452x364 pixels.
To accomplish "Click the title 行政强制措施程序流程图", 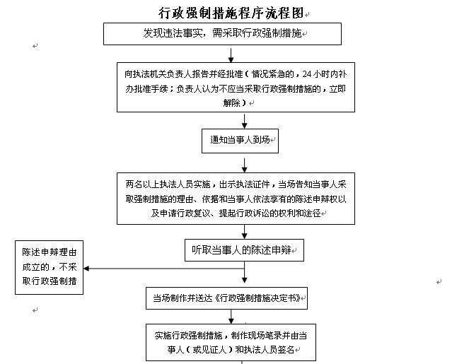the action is [231, 13].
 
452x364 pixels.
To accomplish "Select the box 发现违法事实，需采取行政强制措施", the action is [222, 34].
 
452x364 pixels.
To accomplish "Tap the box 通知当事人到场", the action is [240, 141].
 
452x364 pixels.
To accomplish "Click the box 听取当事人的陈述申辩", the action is [244, 250].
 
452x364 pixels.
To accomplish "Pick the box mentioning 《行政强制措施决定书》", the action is [226, 298].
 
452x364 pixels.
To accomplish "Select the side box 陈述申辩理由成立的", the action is [49, 268].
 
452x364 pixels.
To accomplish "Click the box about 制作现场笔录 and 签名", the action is [231, 342].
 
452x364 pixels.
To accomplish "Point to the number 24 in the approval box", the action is [307, 74].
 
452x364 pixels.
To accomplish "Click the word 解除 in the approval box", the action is [231, 102].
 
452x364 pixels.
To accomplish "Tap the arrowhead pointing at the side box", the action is [86, 269].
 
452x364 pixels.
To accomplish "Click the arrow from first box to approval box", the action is [231, 55].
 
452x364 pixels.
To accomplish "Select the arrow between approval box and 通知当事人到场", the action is [245, 121].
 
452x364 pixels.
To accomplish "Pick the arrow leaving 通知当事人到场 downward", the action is [245, 165].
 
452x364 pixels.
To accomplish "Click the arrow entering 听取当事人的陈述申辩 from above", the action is [245, 232].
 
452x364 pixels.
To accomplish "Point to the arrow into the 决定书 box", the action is [245, 272].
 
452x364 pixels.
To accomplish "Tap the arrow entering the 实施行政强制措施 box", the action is [231, 317].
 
